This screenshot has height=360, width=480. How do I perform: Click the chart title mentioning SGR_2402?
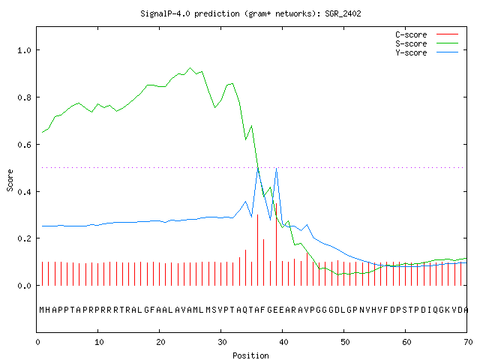(250, 13)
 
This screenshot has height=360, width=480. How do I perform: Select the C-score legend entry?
(427, 34)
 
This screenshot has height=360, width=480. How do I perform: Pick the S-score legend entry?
(427, 43)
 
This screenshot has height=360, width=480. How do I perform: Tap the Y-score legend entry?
(427, 52)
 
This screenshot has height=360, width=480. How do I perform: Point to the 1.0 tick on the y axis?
(24, 50)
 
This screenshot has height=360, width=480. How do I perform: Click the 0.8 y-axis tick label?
(24, 97)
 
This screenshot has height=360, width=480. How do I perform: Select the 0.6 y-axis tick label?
(24, 145)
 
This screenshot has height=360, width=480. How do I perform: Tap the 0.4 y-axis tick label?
(24, 192)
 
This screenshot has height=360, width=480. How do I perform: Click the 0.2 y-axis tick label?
(24, 238)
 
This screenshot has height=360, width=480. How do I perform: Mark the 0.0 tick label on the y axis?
(24, 286)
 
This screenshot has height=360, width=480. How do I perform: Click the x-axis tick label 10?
(99, 342)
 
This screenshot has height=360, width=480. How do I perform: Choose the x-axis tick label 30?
(222, 342)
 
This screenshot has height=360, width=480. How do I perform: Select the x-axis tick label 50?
(345, 342)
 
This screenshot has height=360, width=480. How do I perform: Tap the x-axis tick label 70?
(468, 342)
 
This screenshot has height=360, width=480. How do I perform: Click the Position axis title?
(250, 355)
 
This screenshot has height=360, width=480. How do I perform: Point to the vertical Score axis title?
(10, 180)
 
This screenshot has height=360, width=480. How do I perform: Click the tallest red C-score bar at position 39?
(277, 244)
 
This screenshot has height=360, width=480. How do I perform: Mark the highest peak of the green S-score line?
(190, 68)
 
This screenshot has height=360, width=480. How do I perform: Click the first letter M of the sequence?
(42, 310)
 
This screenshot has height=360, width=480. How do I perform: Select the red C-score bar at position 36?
(258, 250)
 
